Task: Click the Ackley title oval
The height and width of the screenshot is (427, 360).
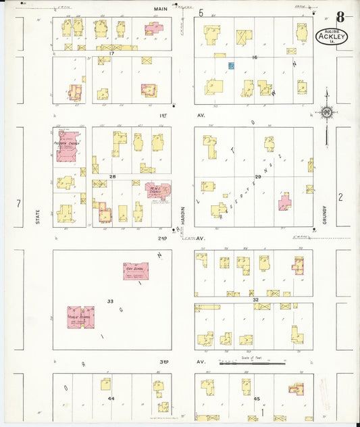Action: click(332, 36)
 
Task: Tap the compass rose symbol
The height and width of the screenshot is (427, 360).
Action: click(327, 112)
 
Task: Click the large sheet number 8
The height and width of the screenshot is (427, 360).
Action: click(340, 16)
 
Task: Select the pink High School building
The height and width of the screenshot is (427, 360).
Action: click(136, 271)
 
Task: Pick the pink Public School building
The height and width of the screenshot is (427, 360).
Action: click(80, 316)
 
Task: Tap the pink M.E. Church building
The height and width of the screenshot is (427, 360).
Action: click(157, 191)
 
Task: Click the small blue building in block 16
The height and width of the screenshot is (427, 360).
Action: click(230, 66)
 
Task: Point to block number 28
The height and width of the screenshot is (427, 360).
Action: click(113, 176)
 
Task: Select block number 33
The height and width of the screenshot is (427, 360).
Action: click(110, 301)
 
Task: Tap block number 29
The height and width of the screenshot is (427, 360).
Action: click(257, 176)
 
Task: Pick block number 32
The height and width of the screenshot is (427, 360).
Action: click(255, 299)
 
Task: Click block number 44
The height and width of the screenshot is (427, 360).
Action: click(111, 399)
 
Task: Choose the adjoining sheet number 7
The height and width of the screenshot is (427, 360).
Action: click(20, 203)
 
